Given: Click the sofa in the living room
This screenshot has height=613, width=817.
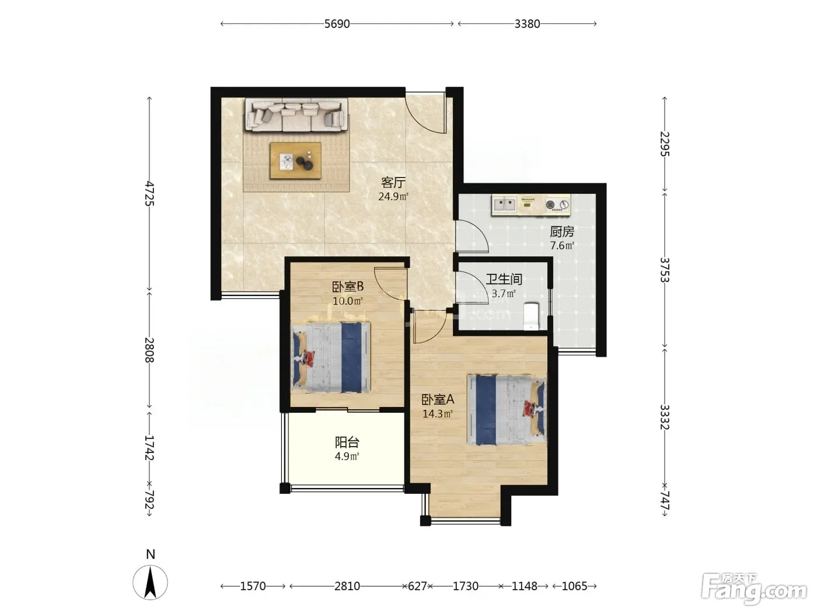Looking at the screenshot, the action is point(296,114).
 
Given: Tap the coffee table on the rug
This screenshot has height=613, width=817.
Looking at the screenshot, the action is point(295,161).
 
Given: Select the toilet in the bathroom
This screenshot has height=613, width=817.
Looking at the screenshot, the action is point(531,316).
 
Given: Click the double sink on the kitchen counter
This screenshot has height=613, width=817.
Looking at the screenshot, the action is point(504,204).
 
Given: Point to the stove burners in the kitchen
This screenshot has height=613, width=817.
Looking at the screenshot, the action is point(557,205).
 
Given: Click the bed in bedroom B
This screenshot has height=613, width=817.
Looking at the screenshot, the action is point(331,357).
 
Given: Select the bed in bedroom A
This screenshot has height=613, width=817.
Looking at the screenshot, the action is point(507,410).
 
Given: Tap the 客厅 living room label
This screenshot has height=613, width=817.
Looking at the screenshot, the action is point(393,183).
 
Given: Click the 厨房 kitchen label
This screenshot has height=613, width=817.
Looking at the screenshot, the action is point(562,232).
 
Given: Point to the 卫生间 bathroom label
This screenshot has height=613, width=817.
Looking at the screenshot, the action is point(504,279).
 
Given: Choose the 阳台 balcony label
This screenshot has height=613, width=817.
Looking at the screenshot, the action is point(347,443).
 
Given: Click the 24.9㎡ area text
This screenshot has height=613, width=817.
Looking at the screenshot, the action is point(393,197).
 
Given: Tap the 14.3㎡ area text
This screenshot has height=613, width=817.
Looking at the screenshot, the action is point(437,414).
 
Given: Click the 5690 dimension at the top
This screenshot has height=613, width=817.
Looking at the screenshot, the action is point(337,24).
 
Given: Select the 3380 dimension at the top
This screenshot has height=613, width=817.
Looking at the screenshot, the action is point(527,24).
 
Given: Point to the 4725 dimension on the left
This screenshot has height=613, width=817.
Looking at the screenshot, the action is point(149,194).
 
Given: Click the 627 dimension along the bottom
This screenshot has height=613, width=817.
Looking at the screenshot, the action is point(417,586).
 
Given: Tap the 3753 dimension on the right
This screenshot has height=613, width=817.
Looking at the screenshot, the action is point(665,270).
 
